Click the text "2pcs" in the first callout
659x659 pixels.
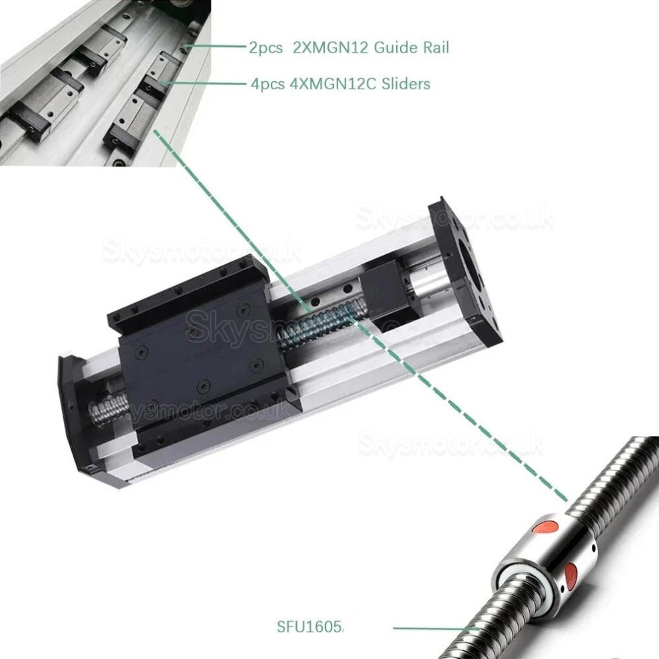266,48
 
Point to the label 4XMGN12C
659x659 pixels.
327,85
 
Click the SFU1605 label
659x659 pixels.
310,626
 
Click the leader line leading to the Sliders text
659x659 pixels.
206,84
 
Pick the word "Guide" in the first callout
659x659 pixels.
395,48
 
